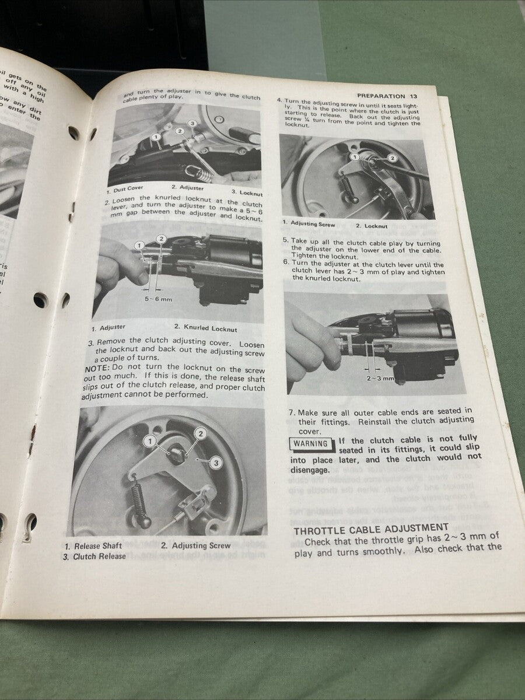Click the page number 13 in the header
pyautogui.click(x=413, y=97)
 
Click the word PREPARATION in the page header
pyautogui.click(x=380, y=96)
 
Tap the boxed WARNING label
pyautogui.click(x=311, y=443)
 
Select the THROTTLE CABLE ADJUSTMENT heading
pyautogui.click(x=370, y=530)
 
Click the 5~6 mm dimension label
pyautogui.click(x=155, y=299)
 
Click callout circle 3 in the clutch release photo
pyautogui.click(x=215, y=463)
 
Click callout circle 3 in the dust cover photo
pyautogui.click(x=192, y=124)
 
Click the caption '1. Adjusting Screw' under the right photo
pyautogui.click(x=309, y=223)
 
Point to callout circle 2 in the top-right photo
pyautogui.click(x=392, y=158)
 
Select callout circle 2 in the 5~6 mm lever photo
pyautogui.click(x=162, y=239)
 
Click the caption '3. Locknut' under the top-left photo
pyautogui.click(x=247, y=192)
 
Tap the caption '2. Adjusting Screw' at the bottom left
pyautogui.click(x=195, y=545)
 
